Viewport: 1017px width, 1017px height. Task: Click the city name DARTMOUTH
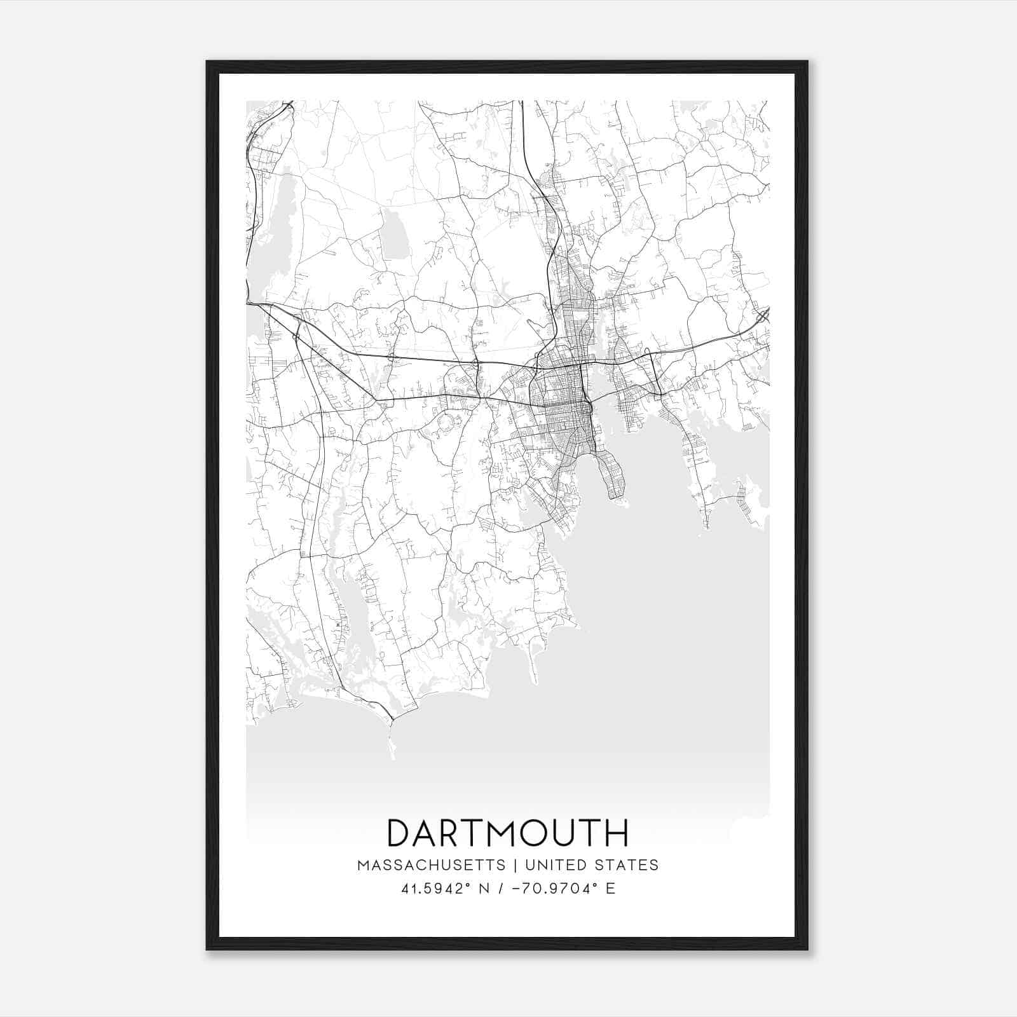(x=508, y=833)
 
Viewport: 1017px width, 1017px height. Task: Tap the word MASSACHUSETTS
(x=432, y=865)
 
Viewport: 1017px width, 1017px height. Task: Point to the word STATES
(x=627, y=865)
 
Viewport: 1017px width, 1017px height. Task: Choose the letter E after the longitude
(x=610, y=889)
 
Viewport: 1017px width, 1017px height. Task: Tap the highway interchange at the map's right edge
(x=762, y=316)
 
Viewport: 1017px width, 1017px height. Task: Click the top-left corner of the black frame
(x=207, y=62)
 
